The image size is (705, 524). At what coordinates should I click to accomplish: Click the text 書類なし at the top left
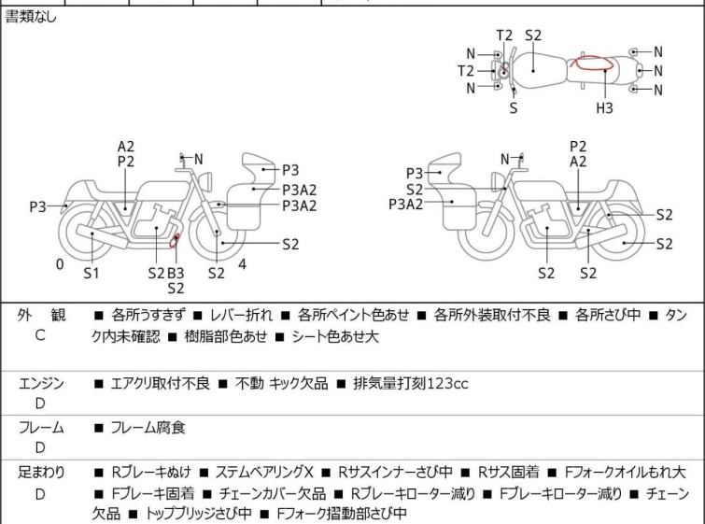31,17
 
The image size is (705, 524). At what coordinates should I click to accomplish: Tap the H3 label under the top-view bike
604,108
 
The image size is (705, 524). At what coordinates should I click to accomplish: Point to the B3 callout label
176,273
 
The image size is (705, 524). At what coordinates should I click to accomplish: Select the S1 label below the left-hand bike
92,273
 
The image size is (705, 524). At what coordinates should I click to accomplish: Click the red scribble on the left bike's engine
174,241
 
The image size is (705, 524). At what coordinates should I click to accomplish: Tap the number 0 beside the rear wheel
60,264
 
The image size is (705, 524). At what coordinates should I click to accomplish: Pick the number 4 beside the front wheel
243,264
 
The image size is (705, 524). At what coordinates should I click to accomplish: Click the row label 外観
41,316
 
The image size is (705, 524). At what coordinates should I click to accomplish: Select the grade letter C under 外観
40,335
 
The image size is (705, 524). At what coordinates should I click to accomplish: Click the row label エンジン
41,384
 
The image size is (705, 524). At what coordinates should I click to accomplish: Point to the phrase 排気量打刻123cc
411,384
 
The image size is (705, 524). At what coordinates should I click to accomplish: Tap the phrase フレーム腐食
148,427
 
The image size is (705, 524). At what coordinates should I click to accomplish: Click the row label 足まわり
41,473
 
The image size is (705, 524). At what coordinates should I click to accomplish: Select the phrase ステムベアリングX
264,473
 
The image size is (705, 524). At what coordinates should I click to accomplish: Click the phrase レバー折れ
242,315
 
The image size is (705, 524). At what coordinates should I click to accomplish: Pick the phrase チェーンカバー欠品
273,493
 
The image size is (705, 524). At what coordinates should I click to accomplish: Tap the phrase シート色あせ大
335,336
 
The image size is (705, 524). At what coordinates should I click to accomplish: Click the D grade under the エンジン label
40,404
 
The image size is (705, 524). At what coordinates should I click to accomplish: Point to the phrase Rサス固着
509,473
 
